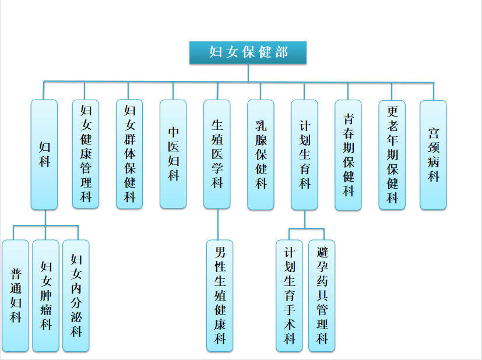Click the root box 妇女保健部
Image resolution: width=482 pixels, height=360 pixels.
248,52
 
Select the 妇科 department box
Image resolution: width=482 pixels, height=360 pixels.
44,154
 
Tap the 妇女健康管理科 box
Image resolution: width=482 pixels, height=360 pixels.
86,154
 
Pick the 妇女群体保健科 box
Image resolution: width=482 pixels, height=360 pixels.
129,154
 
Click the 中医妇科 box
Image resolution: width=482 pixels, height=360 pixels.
173,154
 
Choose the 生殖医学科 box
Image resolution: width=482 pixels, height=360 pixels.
217,154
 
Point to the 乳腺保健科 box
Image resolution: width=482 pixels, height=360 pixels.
261,154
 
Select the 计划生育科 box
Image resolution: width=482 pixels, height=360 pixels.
304,154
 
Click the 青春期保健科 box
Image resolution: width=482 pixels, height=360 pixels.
349,154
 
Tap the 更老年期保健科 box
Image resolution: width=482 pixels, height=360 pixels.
392,154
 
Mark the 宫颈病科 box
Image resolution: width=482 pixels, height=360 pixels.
433,154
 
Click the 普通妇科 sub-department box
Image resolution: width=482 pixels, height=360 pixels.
15,295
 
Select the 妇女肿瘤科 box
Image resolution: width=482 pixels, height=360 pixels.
45,295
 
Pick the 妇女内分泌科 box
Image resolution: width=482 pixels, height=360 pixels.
76,295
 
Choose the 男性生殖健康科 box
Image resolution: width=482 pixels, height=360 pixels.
220,295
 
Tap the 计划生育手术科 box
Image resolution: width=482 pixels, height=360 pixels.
290,295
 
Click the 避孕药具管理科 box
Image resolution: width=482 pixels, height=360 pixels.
322,295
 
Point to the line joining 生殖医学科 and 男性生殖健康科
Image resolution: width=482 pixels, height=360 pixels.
217,224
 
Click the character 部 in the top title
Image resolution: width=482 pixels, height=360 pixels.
282,52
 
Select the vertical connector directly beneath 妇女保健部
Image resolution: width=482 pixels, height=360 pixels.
248,72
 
